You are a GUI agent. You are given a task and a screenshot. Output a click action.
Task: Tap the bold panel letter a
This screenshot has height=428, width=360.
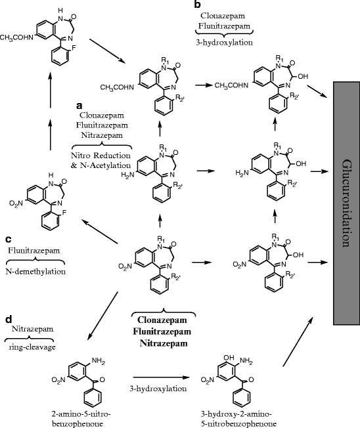click(79, 105)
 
